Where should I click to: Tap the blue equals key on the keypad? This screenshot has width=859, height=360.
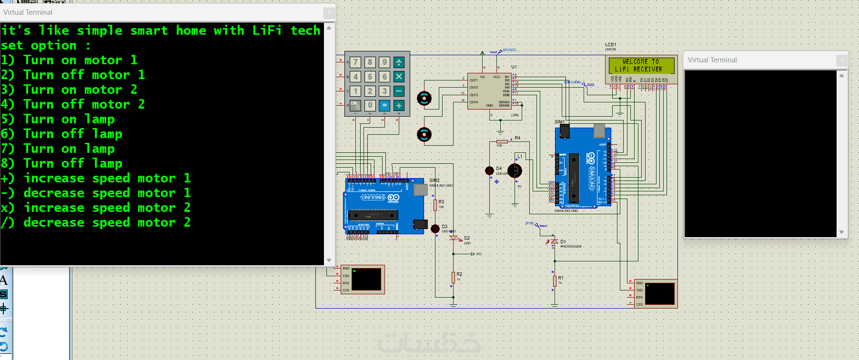pos(384,105)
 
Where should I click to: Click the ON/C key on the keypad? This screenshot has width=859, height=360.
pos(355,105)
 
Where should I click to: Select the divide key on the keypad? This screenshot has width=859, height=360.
pos(399,62)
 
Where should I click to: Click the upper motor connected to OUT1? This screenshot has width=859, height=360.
pos(424,99)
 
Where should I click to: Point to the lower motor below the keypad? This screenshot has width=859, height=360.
pos(424,135)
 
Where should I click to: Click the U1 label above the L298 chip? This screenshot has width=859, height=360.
pos(514,67)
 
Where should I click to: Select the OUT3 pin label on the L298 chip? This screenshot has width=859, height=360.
pos(474,95)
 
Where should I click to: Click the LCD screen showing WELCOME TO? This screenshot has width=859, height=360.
pos(641,65)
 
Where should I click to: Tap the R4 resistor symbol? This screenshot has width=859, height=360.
pos(502,141)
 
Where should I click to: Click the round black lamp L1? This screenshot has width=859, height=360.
pos(515,170)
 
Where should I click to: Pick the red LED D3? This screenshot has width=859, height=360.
pos(435,229)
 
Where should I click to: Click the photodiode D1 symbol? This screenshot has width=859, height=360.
pos(554,242)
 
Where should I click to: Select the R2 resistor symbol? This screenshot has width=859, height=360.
pos(453,277)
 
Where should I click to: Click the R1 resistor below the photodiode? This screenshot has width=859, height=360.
pos(555,281)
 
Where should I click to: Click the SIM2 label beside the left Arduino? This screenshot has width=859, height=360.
pos(435,180)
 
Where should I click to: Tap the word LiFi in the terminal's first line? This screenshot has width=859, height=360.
pos(267,30)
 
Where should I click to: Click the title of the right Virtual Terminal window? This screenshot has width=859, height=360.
pos(712,60)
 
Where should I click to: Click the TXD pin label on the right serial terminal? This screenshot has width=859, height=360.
pos(639,290)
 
